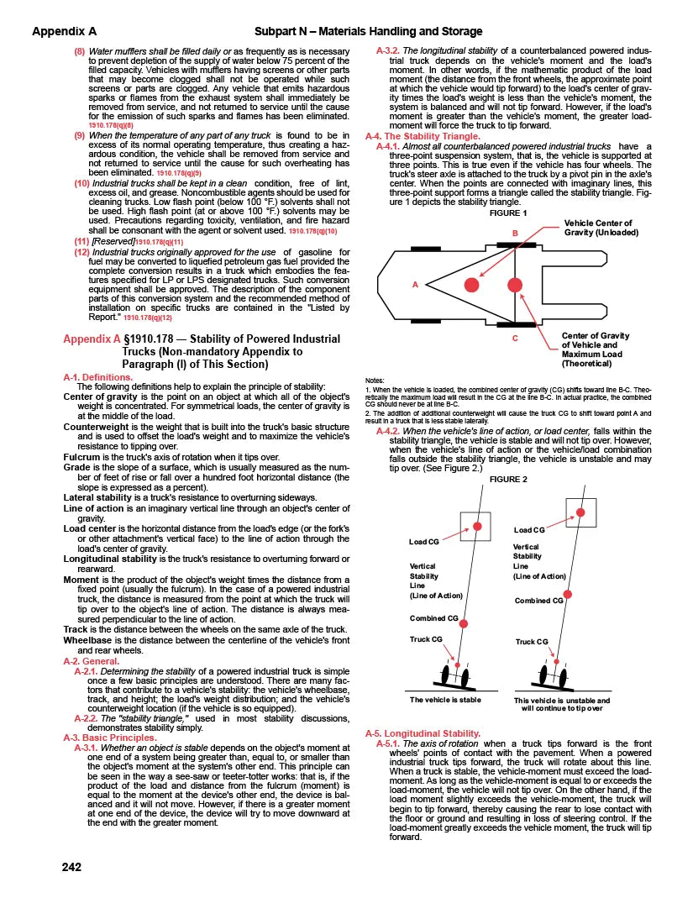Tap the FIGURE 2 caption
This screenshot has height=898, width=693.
tap(507, 480)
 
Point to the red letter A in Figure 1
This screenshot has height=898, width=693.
tap(415, 285)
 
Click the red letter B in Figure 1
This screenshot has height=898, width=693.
tap(515, 232)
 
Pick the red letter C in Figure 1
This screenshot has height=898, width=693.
tap(514, 339)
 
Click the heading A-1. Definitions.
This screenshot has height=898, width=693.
tap(98, 377)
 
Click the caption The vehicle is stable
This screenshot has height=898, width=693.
tap(444, 699)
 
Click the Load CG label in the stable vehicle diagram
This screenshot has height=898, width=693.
tap(424, 542)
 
